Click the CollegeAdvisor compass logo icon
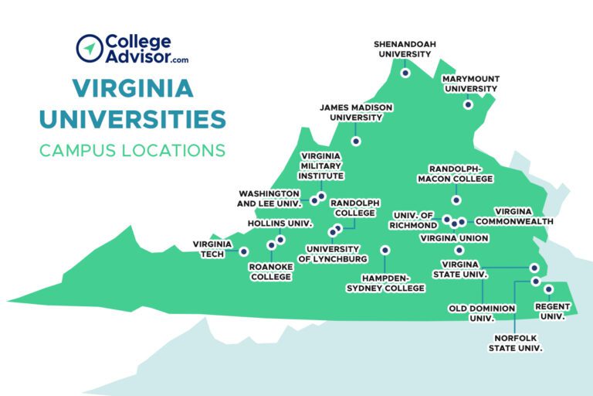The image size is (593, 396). [90, 48]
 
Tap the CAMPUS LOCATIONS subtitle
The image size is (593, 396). [132, 149]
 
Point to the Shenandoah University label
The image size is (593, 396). [402, 49]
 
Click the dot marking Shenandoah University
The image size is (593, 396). [405, 73]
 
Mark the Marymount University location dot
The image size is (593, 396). [468, 104]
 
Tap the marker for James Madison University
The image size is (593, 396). [356, 141]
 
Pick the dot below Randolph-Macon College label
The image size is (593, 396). [456, 200]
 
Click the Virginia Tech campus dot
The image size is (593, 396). [244, 251]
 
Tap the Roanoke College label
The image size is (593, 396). [269, 271]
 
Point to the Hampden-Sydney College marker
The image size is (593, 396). [385, 250]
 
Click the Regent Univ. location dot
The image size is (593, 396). [549, 289]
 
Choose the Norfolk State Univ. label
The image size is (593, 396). [515, 343]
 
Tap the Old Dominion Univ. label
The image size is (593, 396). [482, 312]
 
